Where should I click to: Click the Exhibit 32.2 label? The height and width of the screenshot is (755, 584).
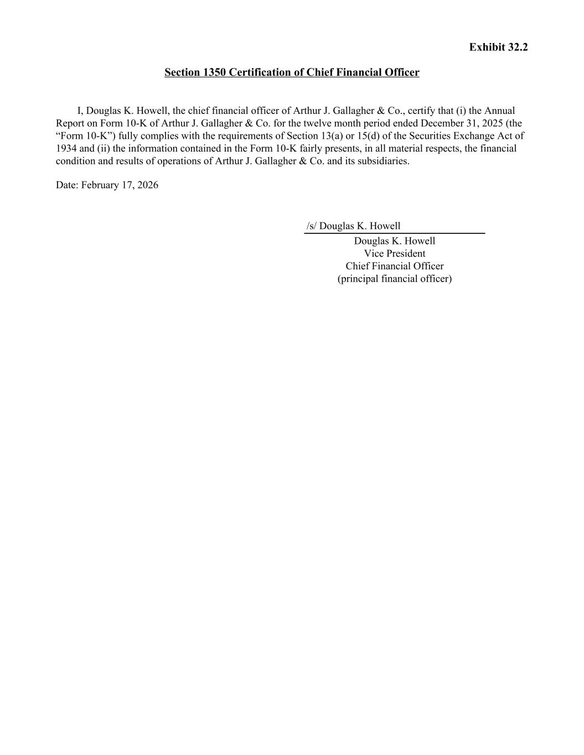[x=498, y=47]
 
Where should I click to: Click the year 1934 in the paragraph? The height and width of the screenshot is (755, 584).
[x=66, y=149]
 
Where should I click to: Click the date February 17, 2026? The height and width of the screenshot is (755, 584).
[x=120, y=185]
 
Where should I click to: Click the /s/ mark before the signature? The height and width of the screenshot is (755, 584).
[x=312, y=226]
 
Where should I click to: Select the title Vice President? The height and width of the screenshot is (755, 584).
[x=394, y=254]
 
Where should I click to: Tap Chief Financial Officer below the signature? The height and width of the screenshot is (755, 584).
[x=394, y=267]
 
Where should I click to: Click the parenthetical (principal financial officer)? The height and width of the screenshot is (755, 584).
[x=394, y=279]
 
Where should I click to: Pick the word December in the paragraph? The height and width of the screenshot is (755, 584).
[x=443, y=123]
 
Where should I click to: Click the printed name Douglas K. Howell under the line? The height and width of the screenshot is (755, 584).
[x=394, y=241]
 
